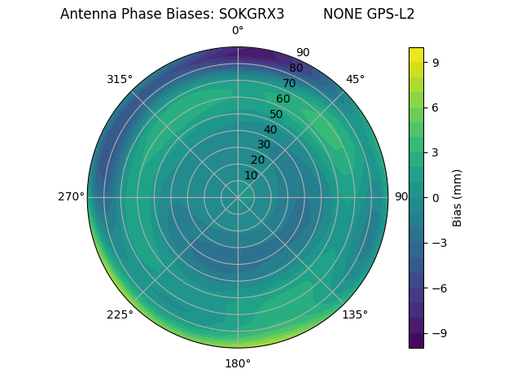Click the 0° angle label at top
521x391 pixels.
coord(238,31)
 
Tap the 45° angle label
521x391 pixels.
coord(355,79)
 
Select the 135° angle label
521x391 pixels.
coord(355,314)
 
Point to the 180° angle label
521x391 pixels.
coord(238,363)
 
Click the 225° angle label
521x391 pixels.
coord(120,314)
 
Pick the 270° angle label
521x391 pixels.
coord(71,197)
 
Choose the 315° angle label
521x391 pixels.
coord(120,79)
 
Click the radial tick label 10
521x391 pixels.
coord(251,175)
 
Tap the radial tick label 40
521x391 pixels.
coord(270,130)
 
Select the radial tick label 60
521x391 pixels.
coord(283,99)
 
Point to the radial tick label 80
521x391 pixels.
coord(296,68)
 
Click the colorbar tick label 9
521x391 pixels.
coord(436,62)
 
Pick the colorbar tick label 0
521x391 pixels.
coord(436,197)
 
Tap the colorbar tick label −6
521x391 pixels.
coord(439,288)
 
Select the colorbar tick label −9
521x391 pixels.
coord(439,333)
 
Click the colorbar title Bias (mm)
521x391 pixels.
coord(458,197)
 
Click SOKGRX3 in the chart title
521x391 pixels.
coord(252,14)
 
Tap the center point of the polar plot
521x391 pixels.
coord(238,197)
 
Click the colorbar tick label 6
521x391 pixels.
coord(436,107)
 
